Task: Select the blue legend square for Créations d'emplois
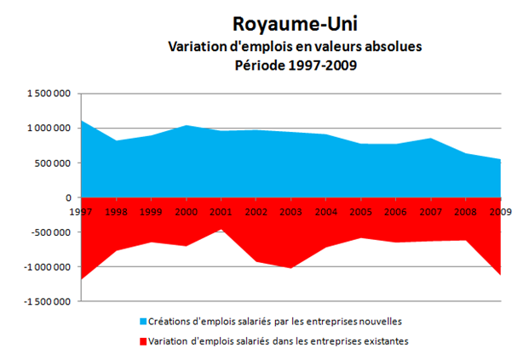point(143,322)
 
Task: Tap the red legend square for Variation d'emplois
point(143,340)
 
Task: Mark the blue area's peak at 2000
point(187,126)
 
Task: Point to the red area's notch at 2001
point(221,229)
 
